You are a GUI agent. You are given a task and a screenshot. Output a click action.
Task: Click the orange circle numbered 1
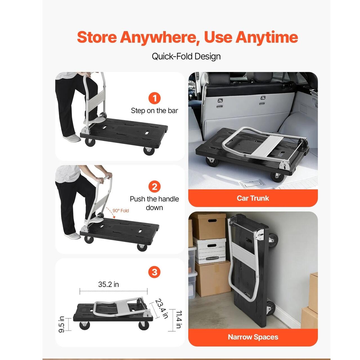154,98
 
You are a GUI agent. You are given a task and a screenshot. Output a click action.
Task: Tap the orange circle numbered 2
154,187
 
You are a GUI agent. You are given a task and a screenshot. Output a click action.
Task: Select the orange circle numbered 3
154,272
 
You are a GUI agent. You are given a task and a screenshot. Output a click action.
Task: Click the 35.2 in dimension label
109,284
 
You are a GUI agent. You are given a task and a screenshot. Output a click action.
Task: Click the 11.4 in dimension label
179,319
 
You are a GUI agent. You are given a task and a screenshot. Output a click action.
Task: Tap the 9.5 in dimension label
62,324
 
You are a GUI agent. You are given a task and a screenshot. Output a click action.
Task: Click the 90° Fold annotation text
121,211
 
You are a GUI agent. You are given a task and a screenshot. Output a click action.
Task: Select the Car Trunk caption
253,198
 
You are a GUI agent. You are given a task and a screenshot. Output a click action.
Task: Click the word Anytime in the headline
267,37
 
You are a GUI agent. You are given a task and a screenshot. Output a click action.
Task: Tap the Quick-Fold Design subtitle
186,57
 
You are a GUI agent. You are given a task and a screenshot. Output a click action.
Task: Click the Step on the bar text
154,111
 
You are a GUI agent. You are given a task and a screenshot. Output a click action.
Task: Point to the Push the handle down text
154,203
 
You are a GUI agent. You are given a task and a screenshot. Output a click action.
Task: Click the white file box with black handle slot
210,251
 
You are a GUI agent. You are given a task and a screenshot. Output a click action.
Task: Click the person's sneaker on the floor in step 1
71,138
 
